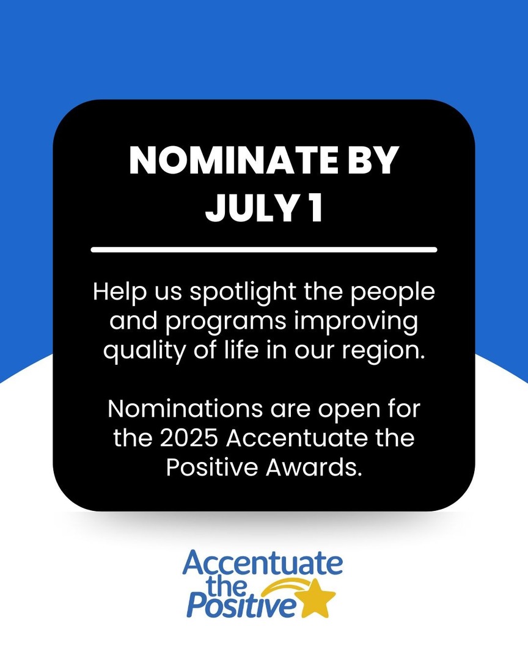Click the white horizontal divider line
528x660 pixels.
click(x=264, y=249)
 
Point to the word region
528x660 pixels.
click(x=387, y=353)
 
